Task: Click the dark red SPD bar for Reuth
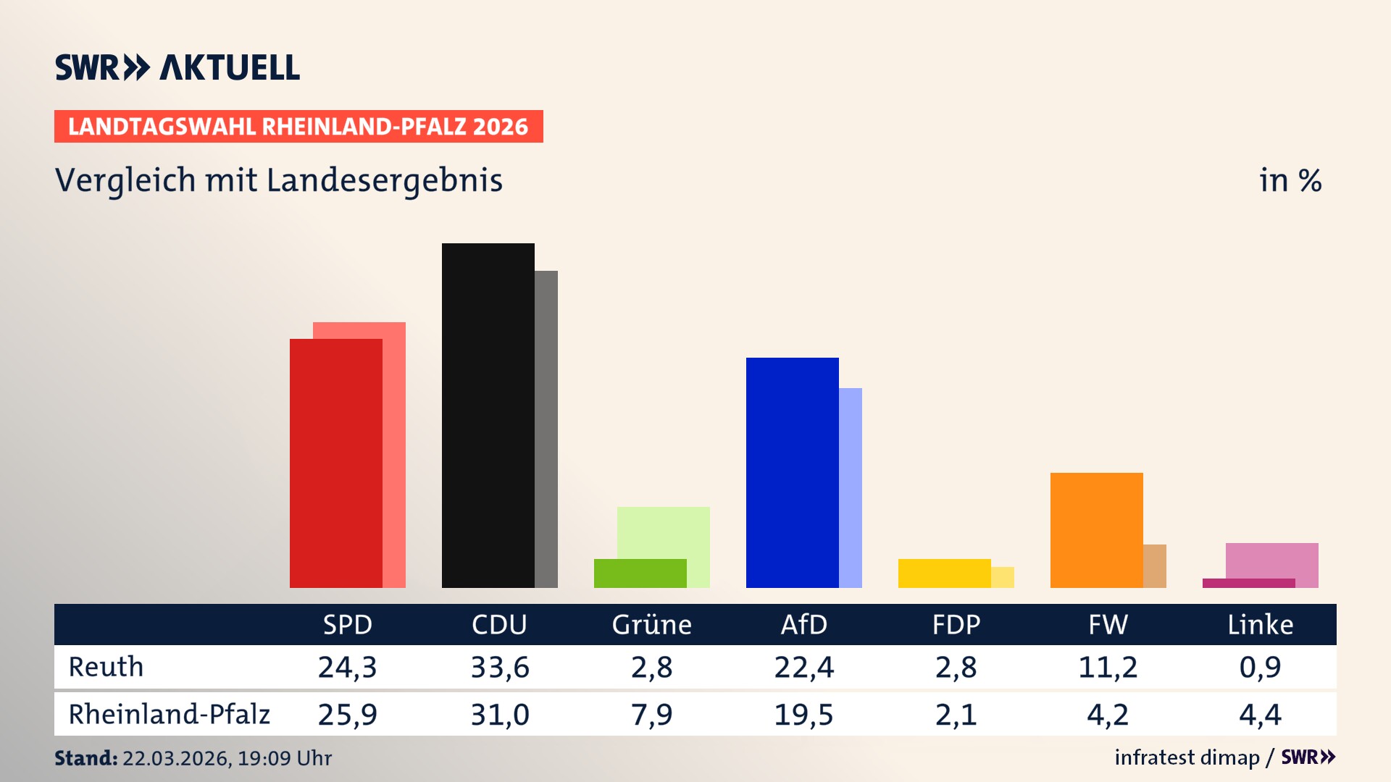(x=335, y=463)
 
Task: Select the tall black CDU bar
(x=488, y=416)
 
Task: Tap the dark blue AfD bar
(x=792, y=472)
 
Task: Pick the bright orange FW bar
(x=1096, y=530)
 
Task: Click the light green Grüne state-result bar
(x=664, y=532)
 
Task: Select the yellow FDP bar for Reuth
(x=944, y=573)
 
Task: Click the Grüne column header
(x=651, y=624)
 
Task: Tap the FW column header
(x=1108, y=624)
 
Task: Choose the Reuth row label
(x=106, y=667)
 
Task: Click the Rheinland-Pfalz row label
(x=169, y=715)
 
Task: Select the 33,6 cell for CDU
(x=500, y=667)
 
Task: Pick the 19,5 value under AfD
(x=803, y=715)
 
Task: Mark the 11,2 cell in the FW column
(x=1108, y=667)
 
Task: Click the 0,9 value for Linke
(x=1260, y=667)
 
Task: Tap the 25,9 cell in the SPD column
(x=348, y=715)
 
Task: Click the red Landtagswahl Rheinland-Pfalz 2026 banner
(x=298, y=127)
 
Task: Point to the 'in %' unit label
(x=1290, y=180)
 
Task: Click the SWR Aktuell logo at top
(x=177, y=67)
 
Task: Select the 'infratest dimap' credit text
(x=1187, y=757)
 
